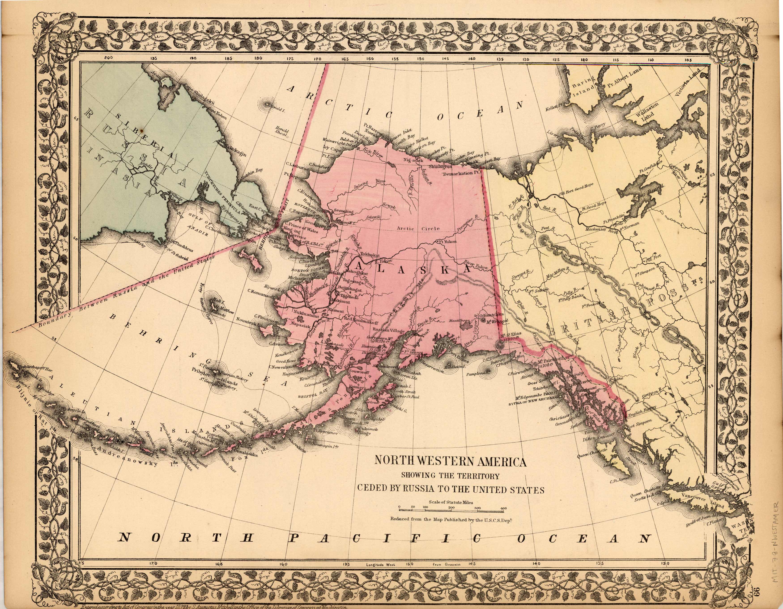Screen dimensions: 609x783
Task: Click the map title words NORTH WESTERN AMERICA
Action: tap(451, 461)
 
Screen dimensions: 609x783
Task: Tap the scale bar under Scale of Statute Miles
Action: tap(452, 510)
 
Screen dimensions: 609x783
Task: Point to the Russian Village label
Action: tap(389, 330)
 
